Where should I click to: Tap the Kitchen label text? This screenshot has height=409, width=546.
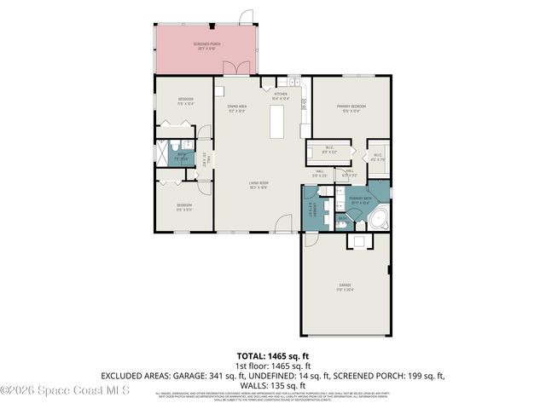[x=282, y=95]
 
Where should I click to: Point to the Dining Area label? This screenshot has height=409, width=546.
[x=236, y=107]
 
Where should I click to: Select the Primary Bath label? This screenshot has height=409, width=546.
[x=361, y=201]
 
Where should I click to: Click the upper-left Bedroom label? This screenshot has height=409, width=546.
[x=185, y=101]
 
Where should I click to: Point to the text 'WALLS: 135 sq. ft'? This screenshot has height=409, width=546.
[x=273, y=385]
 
